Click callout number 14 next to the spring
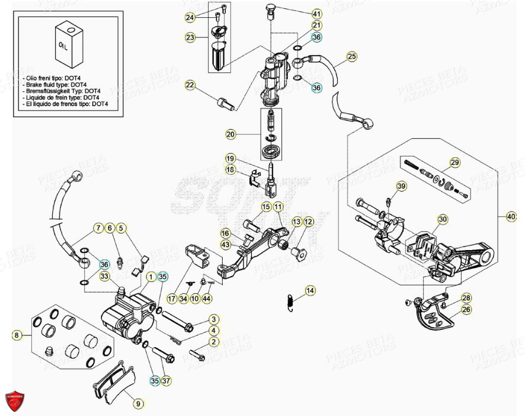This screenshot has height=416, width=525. pyautogui.click(x=310, y=291)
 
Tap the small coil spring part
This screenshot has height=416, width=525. pyautogui.click(x=289, y=300)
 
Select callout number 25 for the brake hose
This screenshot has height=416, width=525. pyautogui.click(x=352, y=57)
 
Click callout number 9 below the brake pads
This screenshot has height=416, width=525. pyautogui.click(x=137, y=404)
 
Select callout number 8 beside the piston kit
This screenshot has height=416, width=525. pyautogui.click(x=17, y=335)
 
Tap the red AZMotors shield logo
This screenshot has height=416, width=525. pyautogui.click(x=17, y=401)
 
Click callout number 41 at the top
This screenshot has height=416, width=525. pyautogui.click(x=316, y=14)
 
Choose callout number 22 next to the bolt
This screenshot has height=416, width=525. pyautogui.click(x=190, y=86)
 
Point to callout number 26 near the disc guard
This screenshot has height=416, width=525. pyautogui.click(x=466, y=309)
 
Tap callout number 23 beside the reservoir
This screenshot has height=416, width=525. pyautogui.click(x=190, y=37)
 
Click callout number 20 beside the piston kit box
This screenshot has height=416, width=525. pyautogui.click(x=231, y=135)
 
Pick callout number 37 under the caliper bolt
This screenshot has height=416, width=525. pyautogui.click(x=167, y=380)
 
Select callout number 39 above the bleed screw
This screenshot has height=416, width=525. pyautogui.click(x=401, y=187)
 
